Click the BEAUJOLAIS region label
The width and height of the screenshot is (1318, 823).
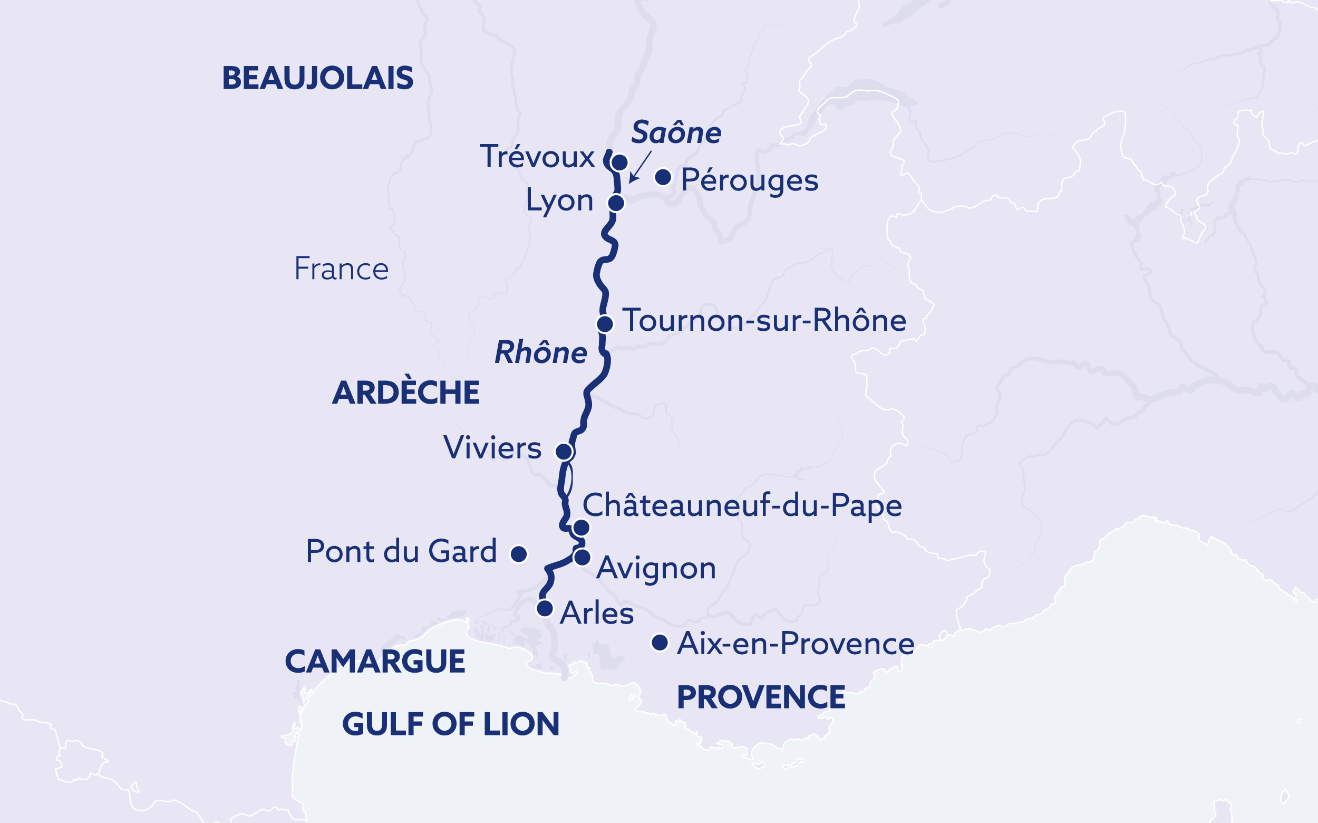(318, 79)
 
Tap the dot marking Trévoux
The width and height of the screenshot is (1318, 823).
(619, 162)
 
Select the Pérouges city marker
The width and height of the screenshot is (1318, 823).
(663, 177)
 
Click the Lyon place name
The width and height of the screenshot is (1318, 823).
(559, 201)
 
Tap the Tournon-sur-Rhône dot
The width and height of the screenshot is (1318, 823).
(605, 324)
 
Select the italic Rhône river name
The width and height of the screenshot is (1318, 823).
(541, 353)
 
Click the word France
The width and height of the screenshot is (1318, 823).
(341, 269)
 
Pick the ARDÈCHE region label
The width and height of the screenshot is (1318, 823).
(406, 393)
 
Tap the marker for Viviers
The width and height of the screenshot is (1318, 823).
(564, 451)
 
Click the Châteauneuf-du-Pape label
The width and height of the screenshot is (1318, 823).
(742, 505)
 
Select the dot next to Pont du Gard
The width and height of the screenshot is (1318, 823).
(518, 554)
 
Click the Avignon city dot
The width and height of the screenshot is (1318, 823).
(582, 557)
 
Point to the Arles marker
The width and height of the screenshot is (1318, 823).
(545, 608)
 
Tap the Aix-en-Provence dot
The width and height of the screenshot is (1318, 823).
(660, 643)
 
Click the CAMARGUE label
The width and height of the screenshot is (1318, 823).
(375, 662)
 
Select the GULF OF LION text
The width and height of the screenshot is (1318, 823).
(450, 724)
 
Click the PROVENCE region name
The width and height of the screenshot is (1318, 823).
(760, 697)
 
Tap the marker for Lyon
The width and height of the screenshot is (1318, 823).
(616, 203)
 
